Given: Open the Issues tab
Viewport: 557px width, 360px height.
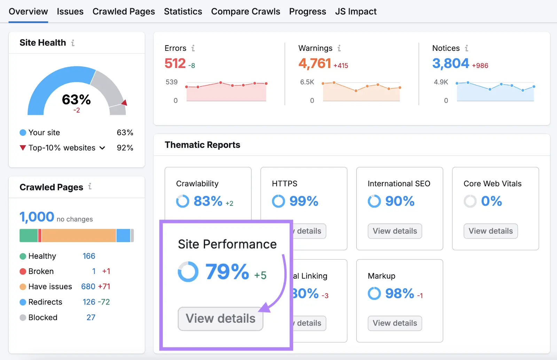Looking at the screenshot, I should point(70,11).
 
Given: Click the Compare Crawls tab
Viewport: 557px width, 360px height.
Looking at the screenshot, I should point(245,11).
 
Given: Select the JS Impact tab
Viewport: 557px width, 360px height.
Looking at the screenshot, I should point(355,11).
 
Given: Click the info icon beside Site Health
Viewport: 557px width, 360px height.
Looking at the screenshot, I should point(73,43).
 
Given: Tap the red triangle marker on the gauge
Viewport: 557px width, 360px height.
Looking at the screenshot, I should point(124,102).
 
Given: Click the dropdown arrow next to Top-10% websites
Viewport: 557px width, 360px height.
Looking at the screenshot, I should point(102,148).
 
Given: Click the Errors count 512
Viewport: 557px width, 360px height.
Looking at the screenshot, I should point(175,63).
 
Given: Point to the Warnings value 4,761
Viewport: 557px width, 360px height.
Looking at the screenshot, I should point(314,63).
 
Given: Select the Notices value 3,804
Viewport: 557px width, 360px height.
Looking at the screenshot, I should point(450,63).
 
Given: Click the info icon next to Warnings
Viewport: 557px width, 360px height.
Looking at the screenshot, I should point(339,48).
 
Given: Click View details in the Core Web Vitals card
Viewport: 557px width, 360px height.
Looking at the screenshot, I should point(491,231).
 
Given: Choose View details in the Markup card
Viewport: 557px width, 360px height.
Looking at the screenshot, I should point(395,323).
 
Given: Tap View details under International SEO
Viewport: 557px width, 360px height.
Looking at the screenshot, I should point(395,231).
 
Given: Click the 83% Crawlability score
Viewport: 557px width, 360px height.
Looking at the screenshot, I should point(208,201).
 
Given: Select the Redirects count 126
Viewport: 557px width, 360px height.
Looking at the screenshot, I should point(89,302).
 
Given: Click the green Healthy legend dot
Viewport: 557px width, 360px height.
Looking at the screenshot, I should point(23,256).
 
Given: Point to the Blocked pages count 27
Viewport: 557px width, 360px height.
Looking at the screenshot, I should point(91,318).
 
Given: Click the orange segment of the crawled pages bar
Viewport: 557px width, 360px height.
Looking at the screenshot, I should point(79,235).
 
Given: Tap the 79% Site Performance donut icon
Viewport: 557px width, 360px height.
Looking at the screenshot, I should point(188,272).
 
